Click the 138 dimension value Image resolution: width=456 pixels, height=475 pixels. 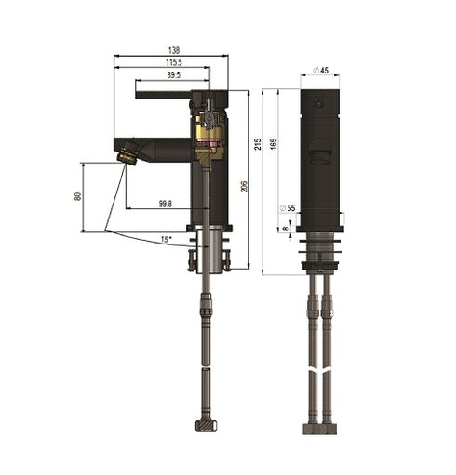point(173,51)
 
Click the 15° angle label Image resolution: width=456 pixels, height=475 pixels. point(166,240)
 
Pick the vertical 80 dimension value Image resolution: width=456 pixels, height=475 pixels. point(78,197)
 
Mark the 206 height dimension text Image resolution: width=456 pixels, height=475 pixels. point(241,186)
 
